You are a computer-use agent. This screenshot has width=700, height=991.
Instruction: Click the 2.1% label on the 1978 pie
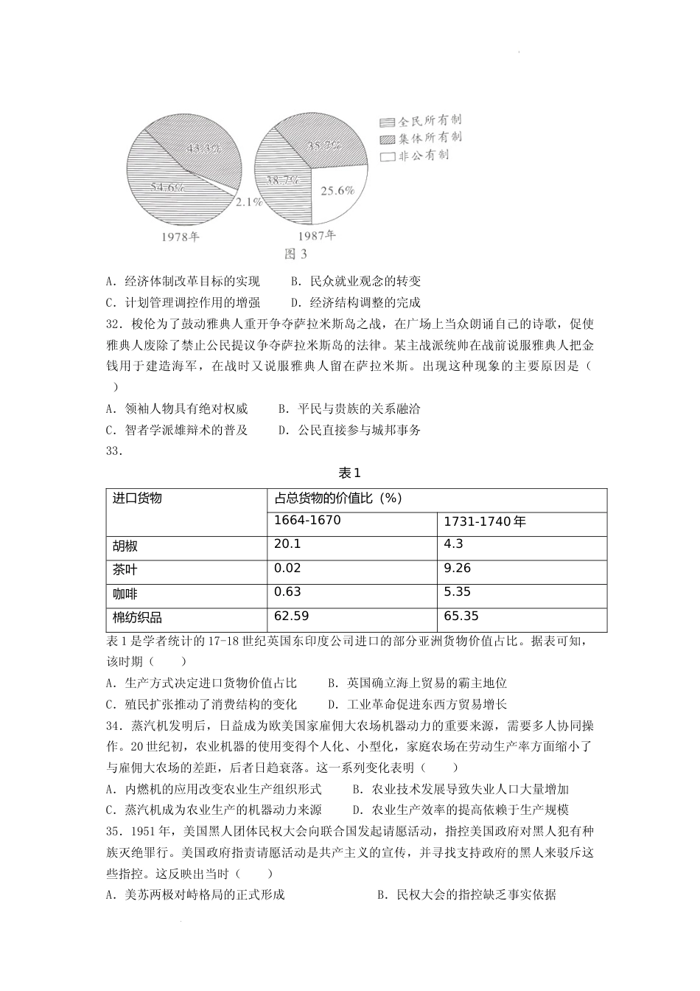[250, 201]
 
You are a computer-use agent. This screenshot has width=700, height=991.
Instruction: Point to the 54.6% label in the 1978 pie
[166, 187]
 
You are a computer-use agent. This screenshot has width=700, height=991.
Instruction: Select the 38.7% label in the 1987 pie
[282, 179]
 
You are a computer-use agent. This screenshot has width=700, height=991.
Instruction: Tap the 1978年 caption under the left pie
[180, 237]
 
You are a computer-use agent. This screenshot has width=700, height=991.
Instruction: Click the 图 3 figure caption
[295, 254]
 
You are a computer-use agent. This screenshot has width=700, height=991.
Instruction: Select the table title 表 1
[349, 473]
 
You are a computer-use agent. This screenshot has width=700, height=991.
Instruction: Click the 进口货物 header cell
[137, 498]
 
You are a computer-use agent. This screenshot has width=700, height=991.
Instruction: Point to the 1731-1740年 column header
[484, 522]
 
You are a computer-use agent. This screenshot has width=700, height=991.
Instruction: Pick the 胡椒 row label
[125, 546]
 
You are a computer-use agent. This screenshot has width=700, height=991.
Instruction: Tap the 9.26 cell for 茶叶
[458, 568]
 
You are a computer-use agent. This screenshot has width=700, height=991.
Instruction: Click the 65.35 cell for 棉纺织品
[461, 616]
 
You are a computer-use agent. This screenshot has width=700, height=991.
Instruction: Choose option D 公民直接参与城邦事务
[350, 430]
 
